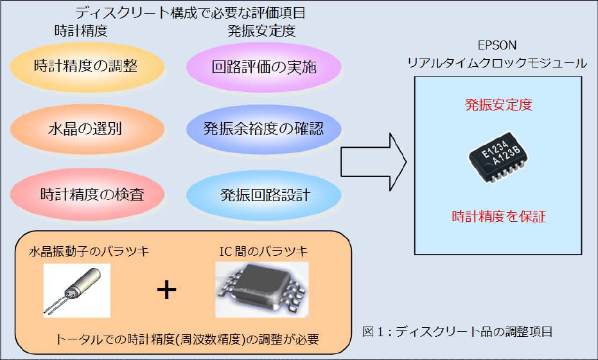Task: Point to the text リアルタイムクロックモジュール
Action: pyautogui.click(x=498, y=63)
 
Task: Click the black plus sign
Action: pyautogui.click(x=167, y=291)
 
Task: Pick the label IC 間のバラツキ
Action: pyautogui.click(x=261, y=251)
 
